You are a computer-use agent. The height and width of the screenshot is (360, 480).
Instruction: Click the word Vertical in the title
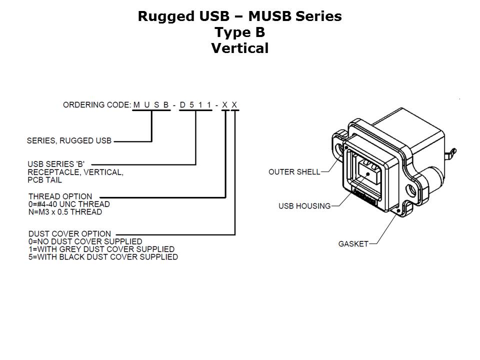click(x=239, y=48)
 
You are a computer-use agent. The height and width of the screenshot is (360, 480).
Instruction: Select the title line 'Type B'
click(x=239, y=32)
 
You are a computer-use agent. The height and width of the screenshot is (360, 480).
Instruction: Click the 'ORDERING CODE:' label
click(x=96, y=105)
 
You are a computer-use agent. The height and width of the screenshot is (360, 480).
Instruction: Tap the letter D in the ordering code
click(x=182, y=105)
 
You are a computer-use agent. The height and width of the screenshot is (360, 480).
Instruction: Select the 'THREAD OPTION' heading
click(x=60, y=196)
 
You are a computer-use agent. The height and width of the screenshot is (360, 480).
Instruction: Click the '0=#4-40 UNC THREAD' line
click(x=69, y=204)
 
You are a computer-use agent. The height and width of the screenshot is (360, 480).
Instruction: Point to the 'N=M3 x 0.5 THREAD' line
click(x=65, y=212)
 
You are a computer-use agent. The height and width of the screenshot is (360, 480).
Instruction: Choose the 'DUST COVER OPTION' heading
click(x=69, y=234)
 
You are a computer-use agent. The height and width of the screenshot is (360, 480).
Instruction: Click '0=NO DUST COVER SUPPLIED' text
click(x=85, y=241)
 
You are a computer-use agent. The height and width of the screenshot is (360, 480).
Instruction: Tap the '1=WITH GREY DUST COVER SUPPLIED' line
click(x=101, y=249)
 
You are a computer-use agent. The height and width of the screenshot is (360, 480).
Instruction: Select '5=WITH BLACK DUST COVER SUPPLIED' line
click(x=103, y=257)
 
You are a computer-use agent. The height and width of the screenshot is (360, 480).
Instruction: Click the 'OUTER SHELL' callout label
click(x=294, y=172)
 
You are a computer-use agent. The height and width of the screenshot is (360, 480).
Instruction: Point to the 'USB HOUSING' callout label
click(x=304, y=206)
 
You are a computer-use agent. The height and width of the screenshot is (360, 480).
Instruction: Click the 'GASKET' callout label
click(x=353, y=244)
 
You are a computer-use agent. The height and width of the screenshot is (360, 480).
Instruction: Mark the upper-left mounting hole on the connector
click(x=343, y=149)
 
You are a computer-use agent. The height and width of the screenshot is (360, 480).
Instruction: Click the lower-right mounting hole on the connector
click(x=411, y=190)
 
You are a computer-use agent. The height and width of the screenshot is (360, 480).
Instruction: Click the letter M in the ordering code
click(x=136, y=105)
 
